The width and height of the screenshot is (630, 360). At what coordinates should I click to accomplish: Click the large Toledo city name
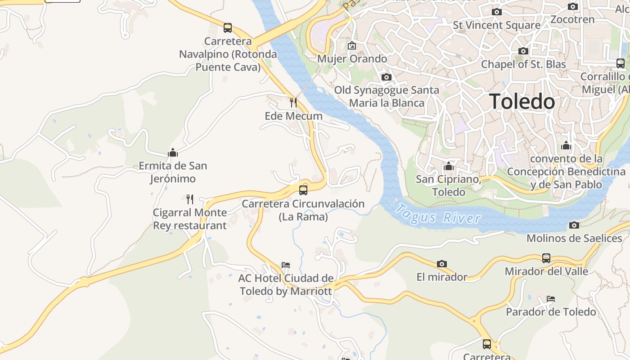click(x=522, y=101)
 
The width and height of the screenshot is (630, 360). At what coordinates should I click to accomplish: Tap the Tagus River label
click(x=437, y=215)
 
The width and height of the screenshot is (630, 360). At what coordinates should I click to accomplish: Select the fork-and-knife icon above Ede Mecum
click(x=293, y=103)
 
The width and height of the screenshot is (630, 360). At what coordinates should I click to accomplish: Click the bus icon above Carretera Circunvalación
click(x=303, y=190)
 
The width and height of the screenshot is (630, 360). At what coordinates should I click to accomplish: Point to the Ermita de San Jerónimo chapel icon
click(x=173, y=153)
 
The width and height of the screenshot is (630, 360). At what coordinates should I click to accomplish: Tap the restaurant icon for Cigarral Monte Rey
click(x=190, y=199)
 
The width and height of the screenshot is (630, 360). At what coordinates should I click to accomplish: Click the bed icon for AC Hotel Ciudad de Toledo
click(x=286, y=265)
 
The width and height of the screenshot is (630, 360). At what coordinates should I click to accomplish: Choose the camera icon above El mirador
click(x=442, y=264)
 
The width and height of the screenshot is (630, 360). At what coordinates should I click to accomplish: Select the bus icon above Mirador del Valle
click(x=546, y=258)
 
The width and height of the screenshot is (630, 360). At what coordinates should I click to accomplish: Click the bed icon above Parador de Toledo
click(x=551, y=299)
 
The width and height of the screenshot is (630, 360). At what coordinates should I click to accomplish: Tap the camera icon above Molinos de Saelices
click(x=574, y=225)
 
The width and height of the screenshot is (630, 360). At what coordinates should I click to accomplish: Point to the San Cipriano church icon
click(x=448, y=166)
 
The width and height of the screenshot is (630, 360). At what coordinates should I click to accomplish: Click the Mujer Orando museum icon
click(x=352, y=45)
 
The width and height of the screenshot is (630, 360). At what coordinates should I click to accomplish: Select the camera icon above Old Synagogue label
click(x=386, y=77)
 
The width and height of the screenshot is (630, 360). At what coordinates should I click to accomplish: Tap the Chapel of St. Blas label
click(x=523, y=64)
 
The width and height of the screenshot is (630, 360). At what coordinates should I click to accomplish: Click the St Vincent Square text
click(x=496, y=25)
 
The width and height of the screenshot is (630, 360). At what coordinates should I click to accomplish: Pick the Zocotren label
click(x=573, y=19)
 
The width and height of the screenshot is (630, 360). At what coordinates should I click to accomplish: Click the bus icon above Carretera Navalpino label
click(x=228, y=28)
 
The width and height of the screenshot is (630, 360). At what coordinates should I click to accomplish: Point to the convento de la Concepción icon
click(x=566, y=146)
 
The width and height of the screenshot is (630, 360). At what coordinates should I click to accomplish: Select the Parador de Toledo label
click(x=551, y=312)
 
